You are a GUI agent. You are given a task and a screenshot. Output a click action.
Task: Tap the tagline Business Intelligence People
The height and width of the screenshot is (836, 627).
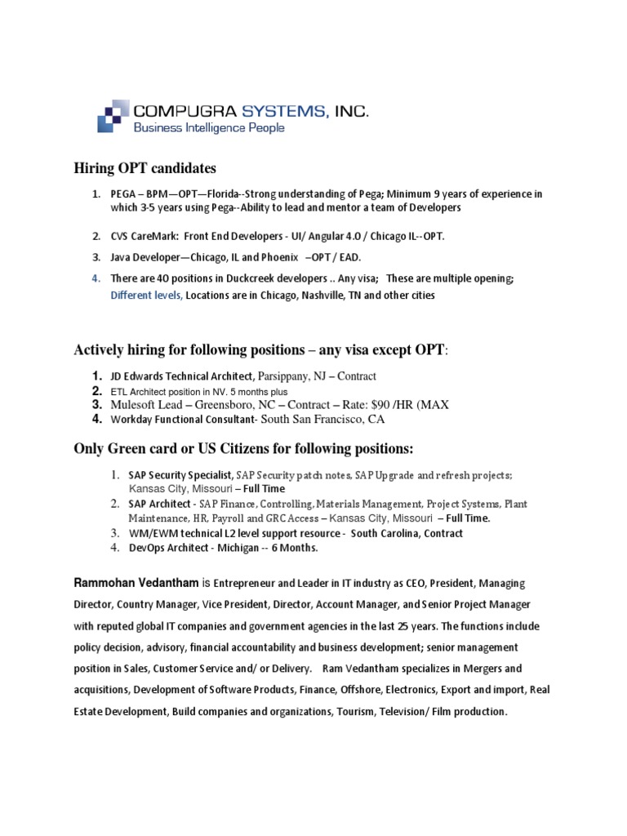coord(209,127)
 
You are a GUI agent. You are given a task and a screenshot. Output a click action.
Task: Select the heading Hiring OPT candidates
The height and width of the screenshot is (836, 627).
coord(145,168)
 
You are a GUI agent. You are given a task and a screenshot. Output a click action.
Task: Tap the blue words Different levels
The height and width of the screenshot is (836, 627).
coord(146,295)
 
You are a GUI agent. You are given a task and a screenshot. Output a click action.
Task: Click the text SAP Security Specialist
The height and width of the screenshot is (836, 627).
coord(180,474)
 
